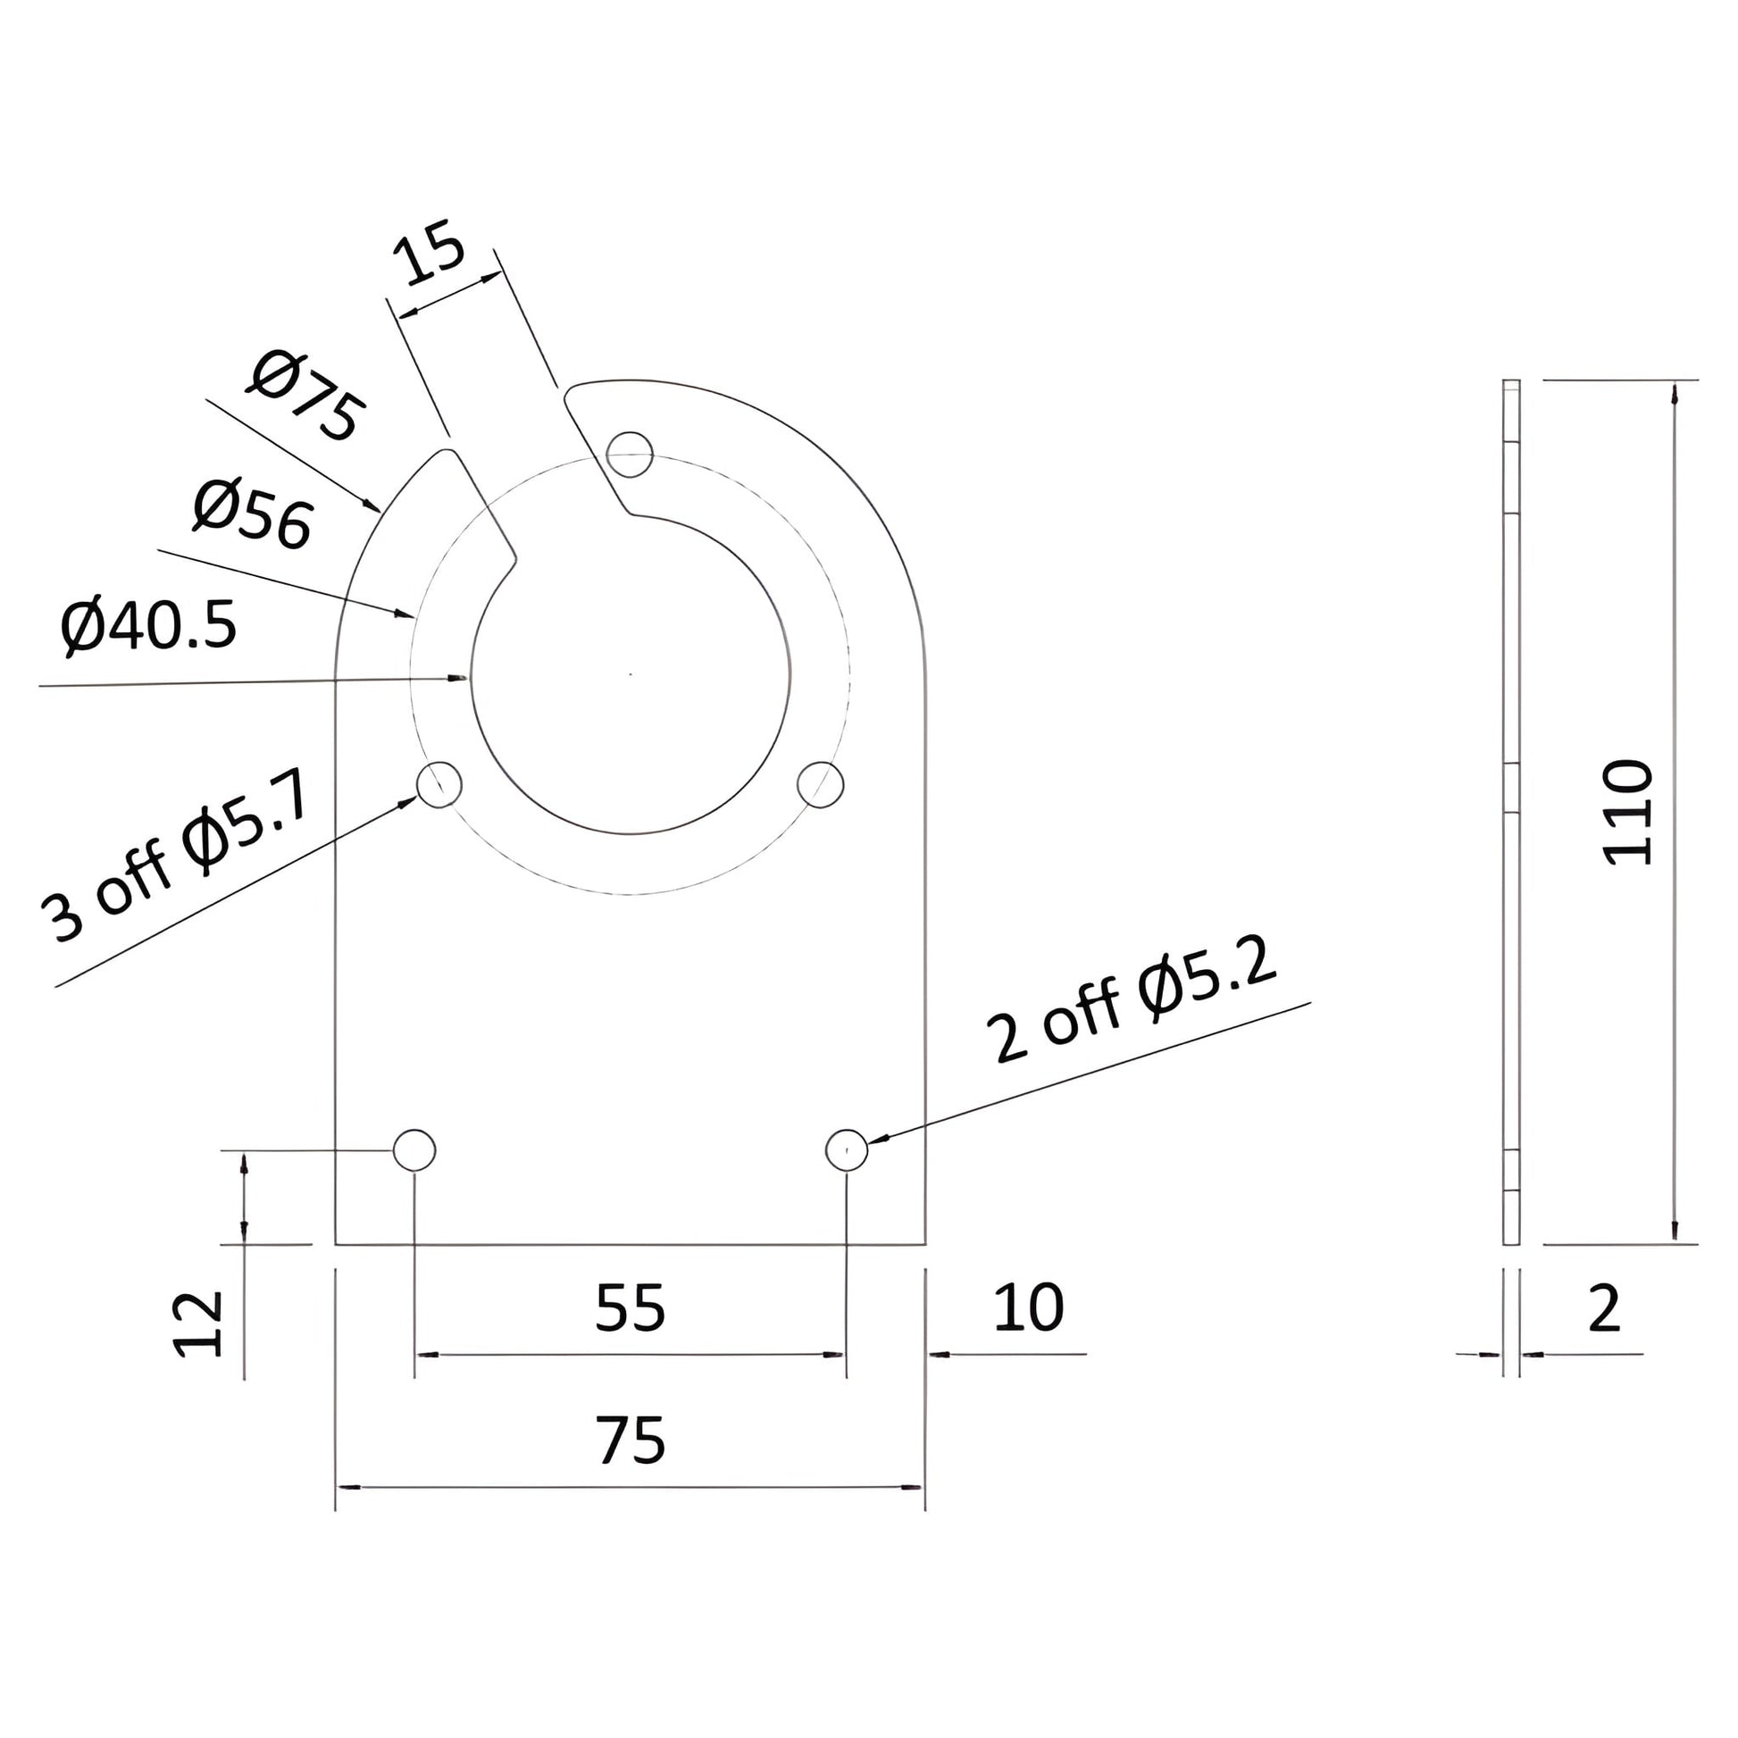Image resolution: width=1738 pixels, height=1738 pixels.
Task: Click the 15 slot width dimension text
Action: point(429,257)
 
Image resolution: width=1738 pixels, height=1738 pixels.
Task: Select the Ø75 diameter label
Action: point(306,397)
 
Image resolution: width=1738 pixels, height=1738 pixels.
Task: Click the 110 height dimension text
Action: point(1628,813)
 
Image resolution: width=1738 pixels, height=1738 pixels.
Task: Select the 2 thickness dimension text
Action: point(1604,1309)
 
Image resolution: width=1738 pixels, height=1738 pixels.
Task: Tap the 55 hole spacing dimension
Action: point(630,1309)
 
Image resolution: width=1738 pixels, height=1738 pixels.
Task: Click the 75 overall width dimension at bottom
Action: point(630,1441)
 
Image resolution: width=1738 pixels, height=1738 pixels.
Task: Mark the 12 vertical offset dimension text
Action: point(198,1324)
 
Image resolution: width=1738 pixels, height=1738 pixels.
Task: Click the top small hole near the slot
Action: point(630,455)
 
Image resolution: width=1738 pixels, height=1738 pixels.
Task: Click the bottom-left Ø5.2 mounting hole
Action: point(414,1149)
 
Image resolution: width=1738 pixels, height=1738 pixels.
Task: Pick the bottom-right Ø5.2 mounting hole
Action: point(847,1149)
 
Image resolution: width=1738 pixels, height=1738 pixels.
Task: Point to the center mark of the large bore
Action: point(630,673)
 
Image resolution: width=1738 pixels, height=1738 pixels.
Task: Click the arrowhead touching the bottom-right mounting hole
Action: point(876,1140)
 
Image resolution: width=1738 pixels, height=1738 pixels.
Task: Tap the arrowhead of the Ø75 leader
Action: point(377,507)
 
